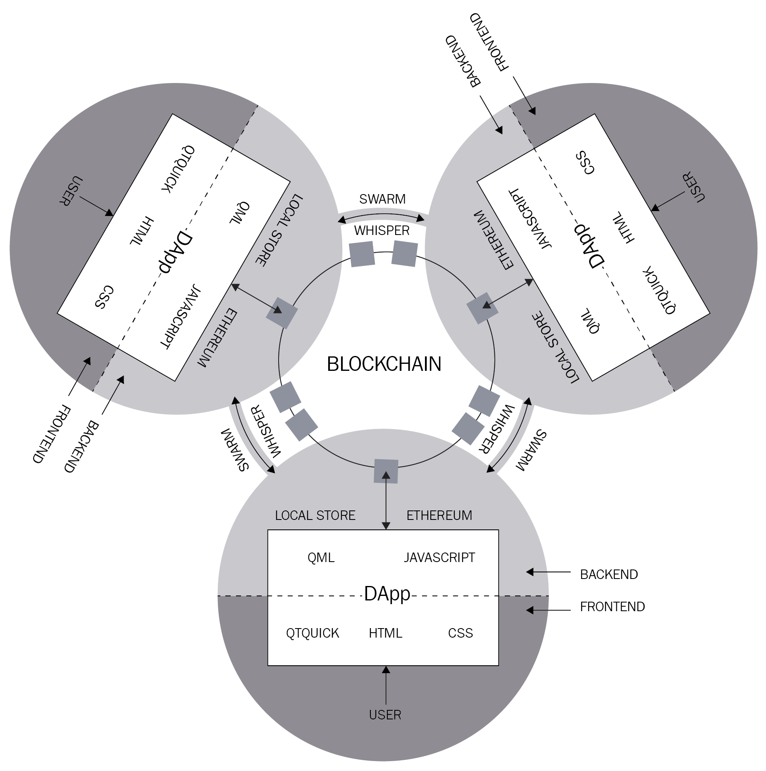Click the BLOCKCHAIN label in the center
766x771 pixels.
point(384,364)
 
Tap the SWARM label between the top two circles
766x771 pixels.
point(382,199)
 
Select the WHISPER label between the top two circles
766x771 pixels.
point(382,230)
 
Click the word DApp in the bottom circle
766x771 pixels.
point(387,594)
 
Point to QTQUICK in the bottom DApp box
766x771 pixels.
point(313,633)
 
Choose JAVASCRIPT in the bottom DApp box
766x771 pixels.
point(439,557)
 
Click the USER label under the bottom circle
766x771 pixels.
point(385,715)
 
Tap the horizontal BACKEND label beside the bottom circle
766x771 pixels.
point(609,574)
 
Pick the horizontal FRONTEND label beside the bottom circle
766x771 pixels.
point(612,607)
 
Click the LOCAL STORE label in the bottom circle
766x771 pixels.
point(315,515)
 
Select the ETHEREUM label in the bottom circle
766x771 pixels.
point(439,515)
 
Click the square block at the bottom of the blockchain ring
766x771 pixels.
point(386,471)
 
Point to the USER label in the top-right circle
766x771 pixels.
point(694,188)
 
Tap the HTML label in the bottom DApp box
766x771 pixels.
point(385,633)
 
